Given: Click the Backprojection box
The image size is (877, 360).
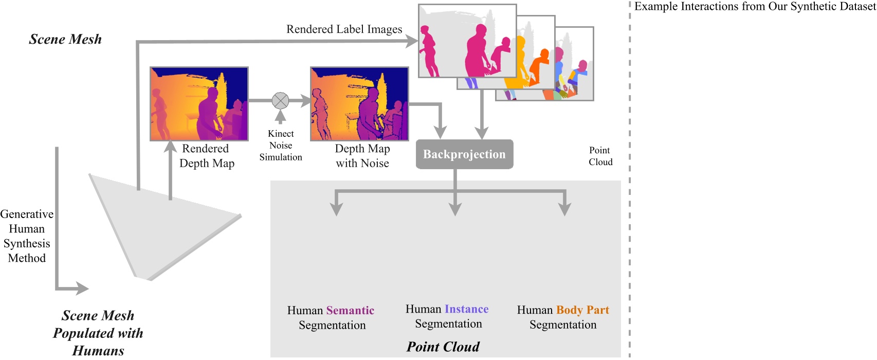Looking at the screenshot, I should [x=464, y=154].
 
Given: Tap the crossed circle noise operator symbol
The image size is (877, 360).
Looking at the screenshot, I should [x=280, y=101].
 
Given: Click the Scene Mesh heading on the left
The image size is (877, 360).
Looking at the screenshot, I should [x=65, y=40].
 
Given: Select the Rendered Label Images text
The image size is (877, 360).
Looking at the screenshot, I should [x=344, y=29].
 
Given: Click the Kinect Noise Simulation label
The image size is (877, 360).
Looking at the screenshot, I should [x=281, y=146].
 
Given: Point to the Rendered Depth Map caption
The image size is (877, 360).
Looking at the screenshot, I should [x=206, y=156].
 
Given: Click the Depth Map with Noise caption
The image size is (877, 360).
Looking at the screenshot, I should [x=362, y=156].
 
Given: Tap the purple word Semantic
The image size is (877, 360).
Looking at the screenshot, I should [x=350, y=311].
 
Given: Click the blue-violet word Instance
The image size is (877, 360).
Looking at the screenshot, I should [x=466, y=309].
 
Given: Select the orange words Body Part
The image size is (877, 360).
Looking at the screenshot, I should [x=582, y=310].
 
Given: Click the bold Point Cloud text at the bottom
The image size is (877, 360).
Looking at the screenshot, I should [x=443, y=347].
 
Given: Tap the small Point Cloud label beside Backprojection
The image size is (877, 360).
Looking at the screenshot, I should [x=600, y=156].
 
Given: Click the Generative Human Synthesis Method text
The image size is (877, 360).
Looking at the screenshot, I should [x=27, y=236].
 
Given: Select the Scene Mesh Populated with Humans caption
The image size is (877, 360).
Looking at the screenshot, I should [x=98, y=333].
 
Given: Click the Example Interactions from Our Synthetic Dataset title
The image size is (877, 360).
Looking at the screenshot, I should [x=755, y=7].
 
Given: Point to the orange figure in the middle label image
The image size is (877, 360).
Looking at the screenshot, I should [x=540, y=67].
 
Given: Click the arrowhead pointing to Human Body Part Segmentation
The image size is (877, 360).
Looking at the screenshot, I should [x=564, y=209].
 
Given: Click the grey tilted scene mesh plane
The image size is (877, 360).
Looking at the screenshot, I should [x=154, y=226].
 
